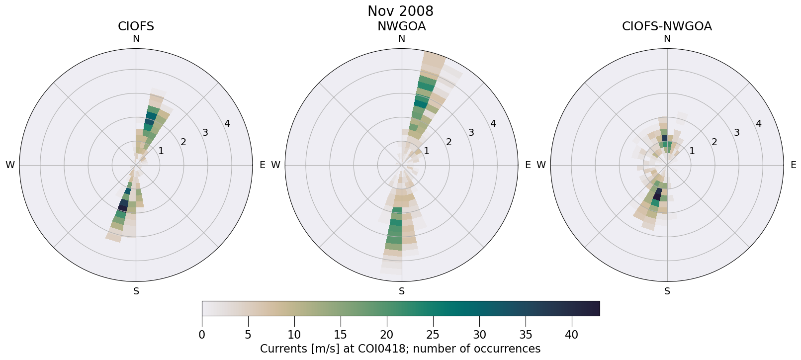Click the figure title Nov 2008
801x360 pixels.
pos(400,11)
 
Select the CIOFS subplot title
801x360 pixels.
pos(136,26)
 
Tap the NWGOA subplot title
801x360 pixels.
pos(401,26)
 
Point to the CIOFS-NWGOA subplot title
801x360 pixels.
pos(667,26)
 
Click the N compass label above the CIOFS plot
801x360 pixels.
pos(136,39)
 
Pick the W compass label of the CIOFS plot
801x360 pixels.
pos(10,165)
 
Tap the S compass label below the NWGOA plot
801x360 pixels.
pos(402,291)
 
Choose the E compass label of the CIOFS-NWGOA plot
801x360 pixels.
pos(793,165)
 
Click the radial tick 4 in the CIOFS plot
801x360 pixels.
pos(227,123)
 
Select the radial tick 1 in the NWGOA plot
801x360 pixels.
pos(426,151)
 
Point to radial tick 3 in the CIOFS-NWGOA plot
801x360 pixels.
pos(736,133)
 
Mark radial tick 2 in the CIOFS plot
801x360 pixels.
pos(183,142)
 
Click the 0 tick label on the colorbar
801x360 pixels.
pos(202,335)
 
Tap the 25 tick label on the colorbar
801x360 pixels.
pos(433,335)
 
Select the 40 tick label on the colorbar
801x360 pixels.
pos(572,335)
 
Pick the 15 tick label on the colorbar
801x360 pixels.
pos(341,335)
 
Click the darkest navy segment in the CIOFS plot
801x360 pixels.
pos(123,204)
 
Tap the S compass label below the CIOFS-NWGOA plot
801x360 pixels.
pos(667,291)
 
